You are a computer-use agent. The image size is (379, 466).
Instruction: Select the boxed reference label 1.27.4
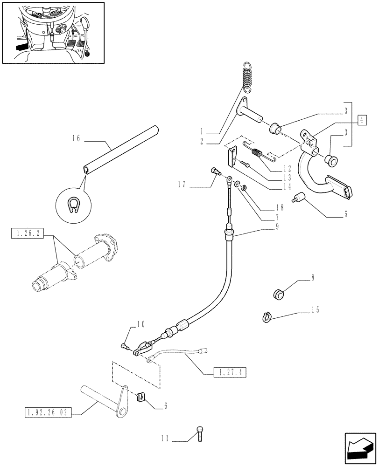tap(230, 372)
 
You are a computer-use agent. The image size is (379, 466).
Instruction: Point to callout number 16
tap(77, 138)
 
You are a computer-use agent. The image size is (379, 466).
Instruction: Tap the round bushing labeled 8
tap(279, 295)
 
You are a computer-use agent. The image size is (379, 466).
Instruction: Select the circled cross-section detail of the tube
tap(71, 203)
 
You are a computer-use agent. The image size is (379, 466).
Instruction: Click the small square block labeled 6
tap(140, 397)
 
